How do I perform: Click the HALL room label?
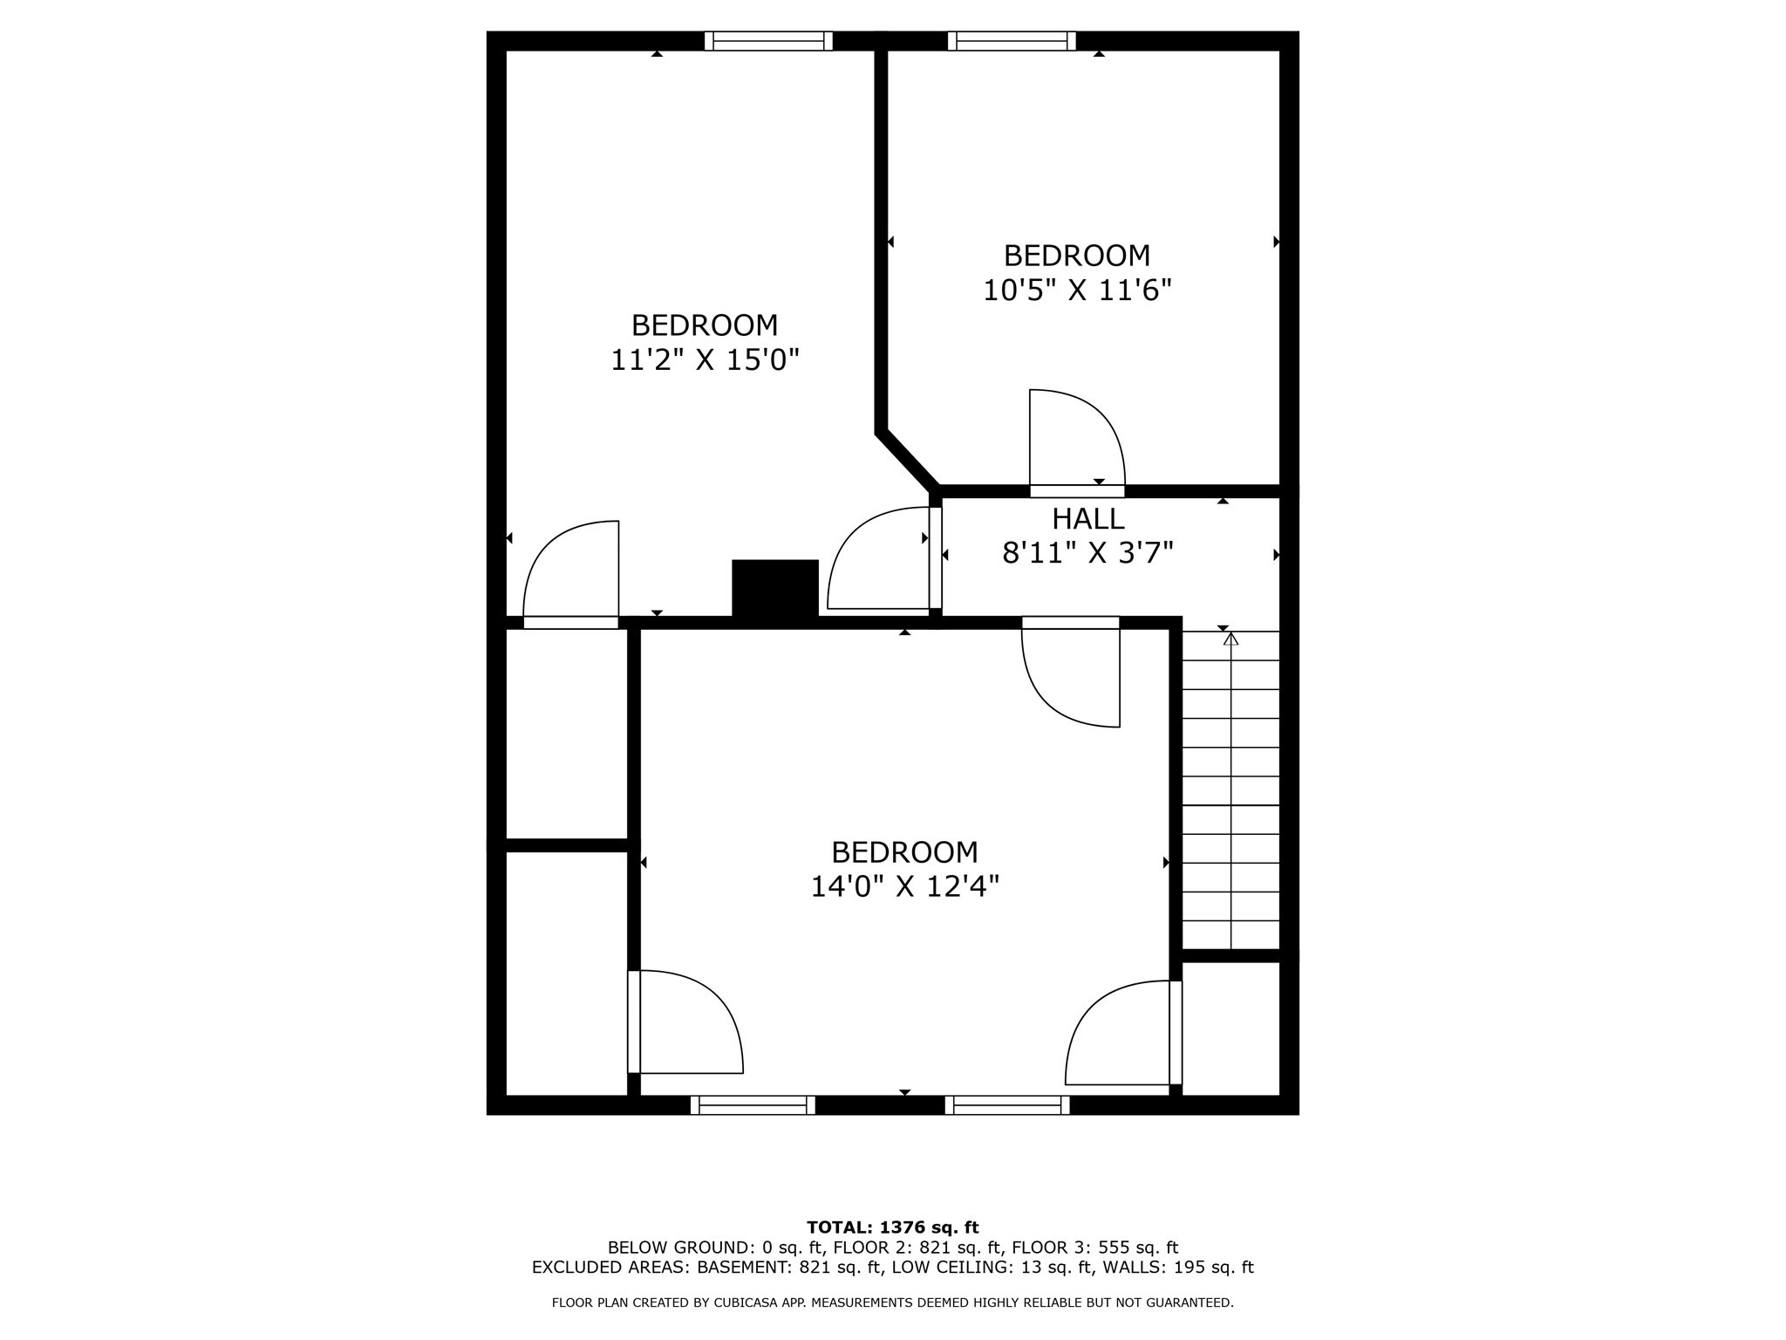pyautogui.click(x=1087, y=519)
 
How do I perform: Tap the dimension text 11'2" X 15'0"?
pyautogui.click(x=705, y=359)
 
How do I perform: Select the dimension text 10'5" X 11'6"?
pyautogui.click(x=1077, y=290)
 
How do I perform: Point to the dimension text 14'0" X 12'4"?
pyautogui.click(x=904, y=886)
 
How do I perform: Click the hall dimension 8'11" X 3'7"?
pyautogui.click(x=1087, y=553)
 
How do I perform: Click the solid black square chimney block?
pyautogui.click(x=774, y=589)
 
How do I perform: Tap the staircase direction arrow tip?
pyautogui.click(x=1230, y=639)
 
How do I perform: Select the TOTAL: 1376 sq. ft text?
pyautogui.click(x=892, y=1227)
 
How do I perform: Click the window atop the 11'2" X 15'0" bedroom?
pyautogui.click(x=768, y=41)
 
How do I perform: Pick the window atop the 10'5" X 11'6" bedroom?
pyautogui.click(x=1012, y=41)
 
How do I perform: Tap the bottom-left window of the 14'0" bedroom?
pyautogui.click(x=753, y=1105)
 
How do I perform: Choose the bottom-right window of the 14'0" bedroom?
pyautogui.click(x=1007, y=1105)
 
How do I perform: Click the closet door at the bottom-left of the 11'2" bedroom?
pyautogui.click(x=572, y=571)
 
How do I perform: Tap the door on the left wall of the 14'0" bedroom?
pyautogui.click(x=685, y=1022)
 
